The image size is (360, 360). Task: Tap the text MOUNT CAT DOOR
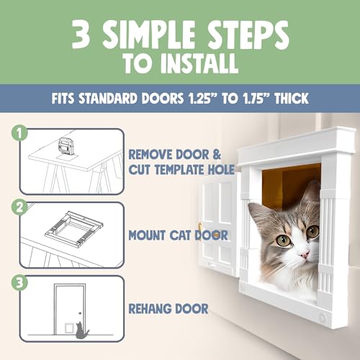[179, 234]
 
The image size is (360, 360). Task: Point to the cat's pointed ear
[311, 193]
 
